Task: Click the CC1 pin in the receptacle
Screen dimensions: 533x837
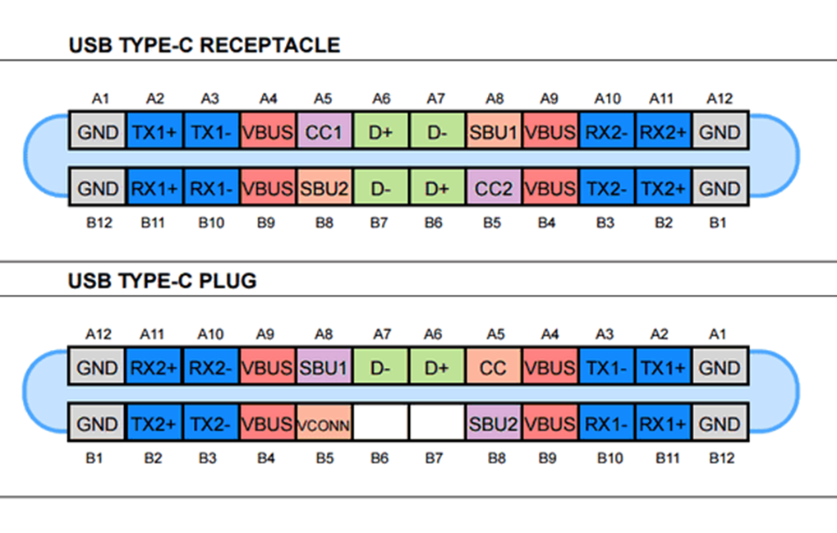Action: click(324, 131)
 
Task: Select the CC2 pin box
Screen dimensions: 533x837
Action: click(493, 188)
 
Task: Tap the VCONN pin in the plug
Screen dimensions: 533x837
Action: click(324, 425)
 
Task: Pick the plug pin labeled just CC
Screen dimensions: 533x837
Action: click(493, 368)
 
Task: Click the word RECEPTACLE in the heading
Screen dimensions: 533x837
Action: click(269, 45)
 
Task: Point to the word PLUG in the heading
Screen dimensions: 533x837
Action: click(228, 281)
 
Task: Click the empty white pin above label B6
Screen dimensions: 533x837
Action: click(380, 425)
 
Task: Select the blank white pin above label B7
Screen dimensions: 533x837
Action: click(436, 425)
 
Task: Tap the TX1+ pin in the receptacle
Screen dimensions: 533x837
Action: click(155, 131)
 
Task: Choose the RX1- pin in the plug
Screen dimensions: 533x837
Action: click(606, 425)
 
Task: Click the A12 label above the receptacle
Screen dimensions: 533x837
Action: click(720, 99)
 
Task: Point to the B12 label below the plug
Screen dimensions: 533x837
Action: click(720, 457)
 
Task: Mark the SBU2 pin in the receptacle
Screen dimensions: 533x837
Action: click(324, 188)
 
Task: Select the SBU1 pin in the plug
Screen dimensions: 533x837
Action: click(324, 368)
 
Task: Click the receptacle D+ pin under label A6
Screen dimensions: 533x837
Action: click(380, 131)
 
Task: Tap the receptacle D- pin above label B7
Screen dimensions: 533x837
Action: click(380, 188)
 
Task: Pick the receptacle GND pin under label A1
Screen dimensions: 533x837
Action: click(99, 131)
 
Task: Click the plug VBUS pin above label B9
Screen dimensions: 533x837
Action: click(550, 425)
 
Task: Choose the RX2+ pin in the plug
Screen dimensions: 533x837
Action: click(155, 368)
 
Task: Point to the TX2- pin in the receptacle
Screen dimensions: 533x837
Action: click(606, 188)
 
